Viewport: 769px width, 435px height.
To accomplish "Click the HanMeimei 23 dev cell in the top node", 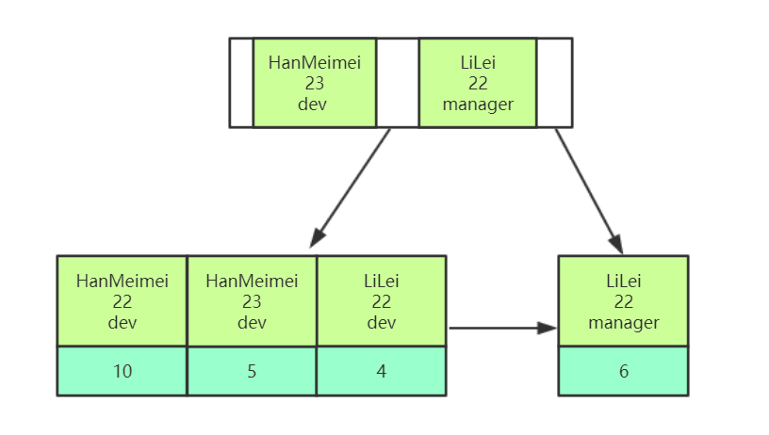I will (314, 83).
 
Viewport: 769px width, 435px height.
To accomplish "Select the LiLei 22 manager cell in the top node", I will (478, 83).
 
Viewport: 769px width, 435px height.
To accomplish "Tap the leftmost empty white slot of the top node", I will (241, 83).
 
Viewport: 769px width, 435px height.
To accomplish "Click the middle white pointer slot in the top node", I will (397, 83).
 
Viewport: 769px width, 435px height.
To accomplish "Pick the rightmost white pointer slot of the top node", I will (554, 83).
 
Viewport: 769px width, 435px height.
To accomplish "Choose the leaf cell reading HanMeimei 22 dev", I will (123, 301).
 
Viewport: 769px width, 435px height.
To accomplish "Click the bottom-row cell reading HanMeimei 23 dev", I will (252, 301).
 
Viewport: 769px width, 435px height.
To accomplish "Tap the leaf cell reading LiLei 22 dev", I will (381, 301).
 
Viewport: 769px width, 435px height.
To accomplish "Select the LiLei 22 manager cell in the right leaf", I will (623, 301).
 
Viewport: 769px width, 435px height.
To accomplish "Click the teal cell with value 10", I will (123, 371).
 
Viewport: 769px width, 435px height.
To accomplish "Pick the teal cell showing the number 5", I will (252, 371).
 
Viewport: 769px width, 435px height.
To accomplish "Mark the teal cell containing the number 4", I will (381, 371).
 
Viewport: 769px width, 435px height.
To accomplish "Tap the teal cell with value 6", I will (623, 371).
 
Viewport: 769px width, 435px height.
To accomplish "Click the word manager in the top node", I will (478, 104).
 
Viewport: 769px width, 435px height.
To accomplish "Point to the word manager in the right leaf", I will (623, 323).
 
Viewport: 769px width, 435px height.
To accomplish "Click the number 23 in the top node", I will (314, 83).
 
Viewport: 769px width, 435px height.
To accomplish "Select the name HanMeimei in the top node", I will (314, 63).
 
